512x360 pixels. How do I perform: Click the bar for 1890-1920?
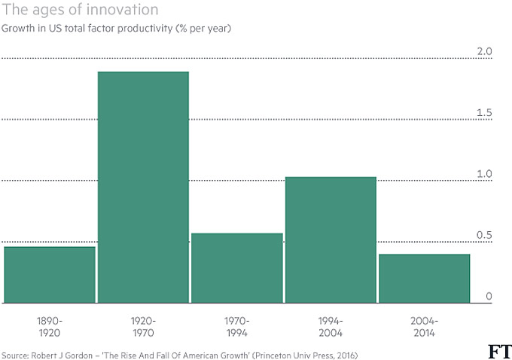coord(50,275)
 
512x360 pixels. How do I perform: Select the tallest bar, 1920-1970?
coord(143,188)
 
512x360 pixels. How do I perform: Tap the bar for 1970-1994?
coord(237,268)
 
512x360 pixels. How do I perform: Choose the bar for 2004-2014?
coord(424,279)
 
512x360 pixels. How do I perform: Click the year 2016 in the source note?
coord(343,355)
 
